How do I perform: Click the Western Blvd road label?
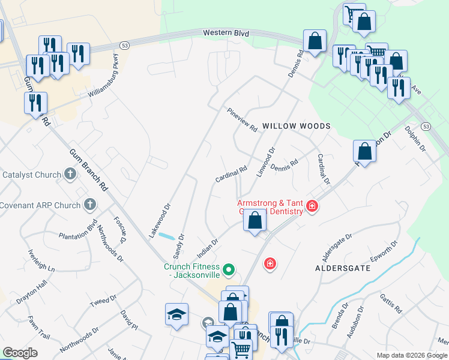[x=226, y=34]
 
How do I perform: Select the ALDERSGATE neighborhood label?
[x=343, y=268]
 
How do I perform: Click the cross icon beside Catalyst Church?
[x=70, y=175]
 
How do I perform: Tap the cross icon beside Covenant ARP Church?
[x=89, y=205]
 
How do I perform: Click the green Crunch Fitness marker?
[x=228, y=271]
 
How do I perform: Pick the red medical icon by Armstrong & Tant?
[x=312, y=206]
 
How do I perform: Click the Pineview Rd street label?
[x=242, y=120]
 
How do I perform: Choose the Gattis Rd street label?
[x=390, y=304]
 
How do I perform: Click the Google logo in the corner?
[x=20, y=353]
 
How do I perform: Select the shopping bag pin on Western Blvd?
[x=315, y=42]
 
